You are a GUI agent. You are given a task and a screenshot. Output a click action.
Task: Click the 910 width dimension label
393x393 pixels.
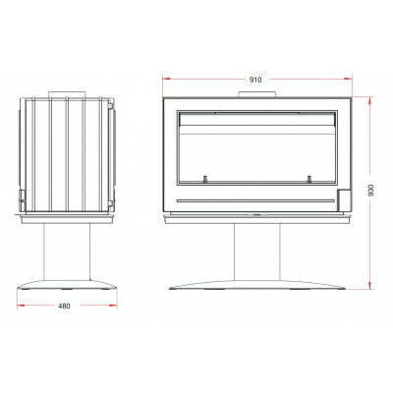(x=255, y=80)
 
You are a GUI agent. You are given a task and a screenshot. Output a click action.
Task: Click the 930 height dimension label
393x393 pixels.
(x=370, y=191)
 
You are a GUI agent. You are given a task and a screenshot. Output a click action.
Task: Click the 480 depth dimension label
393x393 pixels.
(x=64, y=307)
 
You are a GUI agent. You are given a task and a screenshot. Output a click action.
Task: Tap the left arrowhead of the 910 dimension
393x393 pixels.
(x=166, y=79)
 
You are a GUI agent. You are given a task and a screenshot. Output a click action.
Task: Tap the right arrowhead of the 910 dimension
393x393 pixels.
(x=348, y=79)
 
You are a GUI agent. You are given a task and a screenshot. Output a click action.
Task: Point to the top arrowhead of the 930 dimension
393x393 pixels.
(x=370, y=100)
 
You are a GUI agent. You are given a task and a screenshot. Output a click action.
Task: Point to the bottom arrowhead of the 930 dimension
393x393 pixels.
(x=370, y=286)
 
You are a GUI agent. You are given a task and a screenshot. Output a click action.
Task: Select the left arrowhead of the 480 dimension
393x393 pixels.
(x=21, y=306)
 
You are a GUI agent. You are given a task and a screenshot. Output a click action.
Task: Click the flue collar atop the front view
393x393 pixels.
(x=257, y=94)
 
